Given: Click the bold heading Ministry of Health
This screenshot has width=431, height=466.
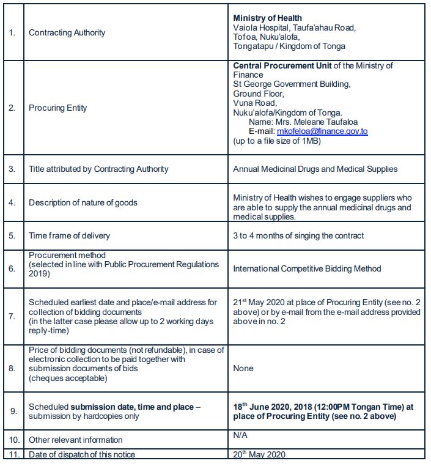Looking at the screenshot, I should point(267,18).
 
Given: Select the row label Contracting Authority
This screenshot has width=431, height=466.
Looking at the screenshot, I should point(67,32).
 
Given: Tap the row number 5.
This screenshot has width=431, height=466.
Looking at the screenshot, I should point(12,235).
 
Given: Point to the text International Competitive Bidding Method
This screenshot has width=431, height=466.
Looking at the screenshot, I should point(307,268).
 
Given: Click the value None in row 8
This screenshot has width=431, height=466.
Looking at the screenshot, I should point(243,368).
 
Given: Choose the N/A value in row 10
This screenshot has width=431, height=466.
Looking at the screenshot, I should point(241,435).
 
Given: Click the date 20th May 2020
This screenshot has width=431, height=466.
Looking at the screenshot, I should point(259,454).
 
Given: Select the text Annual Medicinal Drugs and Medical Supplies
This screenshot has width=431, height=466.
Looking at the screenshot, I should point(315,169).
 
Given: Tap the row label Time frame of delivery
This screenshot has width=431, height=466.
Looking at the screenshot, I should point(69,235).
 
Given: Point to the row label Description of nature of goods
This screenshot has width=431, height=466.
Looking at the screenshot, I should point(83,202).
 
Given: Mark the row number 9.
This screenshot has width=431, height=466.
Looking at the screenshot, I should point(12,411).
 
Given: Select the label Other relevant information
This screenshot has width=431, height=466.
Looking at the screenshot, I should point(75,440).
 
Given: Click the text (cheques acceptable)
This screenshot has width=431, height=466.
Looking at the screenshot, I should point(68,377).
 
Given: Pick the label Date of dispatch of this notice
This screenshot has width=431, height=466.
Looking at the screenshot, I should point(82,454).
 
